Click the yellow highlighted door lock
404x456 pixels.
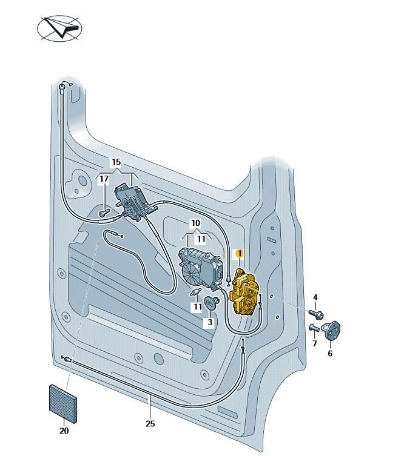(245, 293)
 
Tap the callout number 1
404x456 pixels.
(240, 255)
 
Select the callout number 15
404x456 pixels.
(116, 162)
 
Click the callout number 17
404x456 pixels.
(104, 179)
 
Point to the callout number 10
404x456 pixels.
(195, 223)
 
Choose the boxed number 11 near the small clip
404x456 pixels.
(197, 307)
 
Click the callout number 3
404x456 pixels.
(210, 323)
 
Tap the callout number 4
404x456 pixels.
(315, 297)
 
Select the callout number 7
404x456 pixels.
(315, 344)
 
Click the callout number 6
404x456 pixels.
(330, 353)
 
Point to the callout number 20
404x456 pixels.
(64, 431)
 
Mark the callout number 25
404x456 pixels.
(150, 424)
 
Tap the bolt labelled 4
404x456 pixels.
(316, 314)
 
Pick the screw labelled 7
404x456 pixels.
(314, 329)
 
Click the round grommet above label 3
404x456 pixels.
(212, 302)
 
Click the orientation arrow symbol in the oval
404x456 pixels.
(60, 28)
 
